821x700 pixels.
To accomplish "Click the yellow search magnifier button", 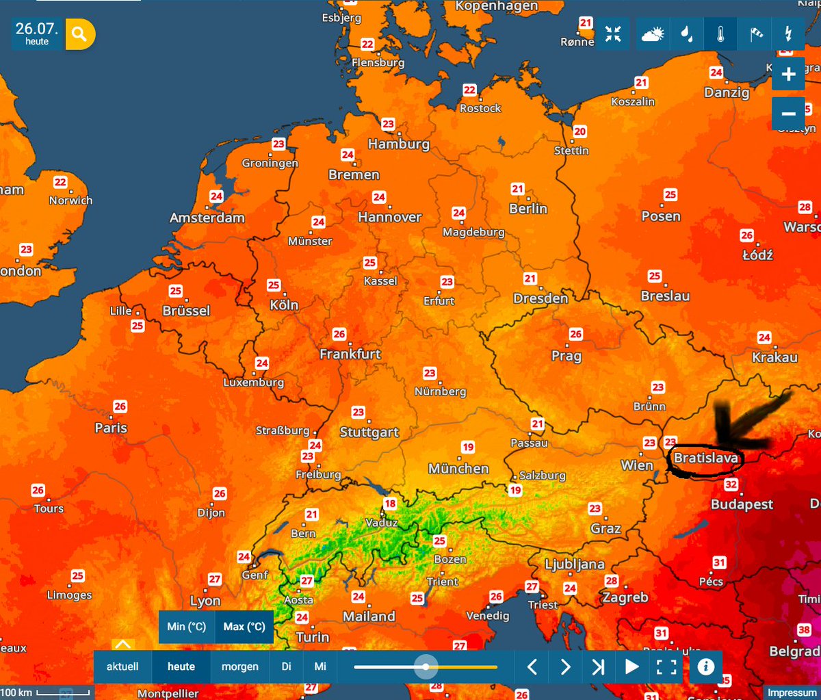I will pyautogui.click(x=80, y=34).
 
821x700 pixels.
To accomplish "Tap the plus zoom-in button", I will pyautogui.click(x=788, y=75).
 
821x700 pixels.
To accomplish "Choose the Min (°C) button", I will pyautogui.click(x=187, y=627).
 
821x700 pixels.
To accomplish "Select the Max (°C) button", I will pyautogui.click(x=244, y=627).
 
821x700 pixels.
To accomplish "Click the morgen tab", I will pyautogui.click(x=240, y=666).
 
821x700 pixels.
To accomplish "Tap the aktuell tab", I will pyautogui.click(x=122, y=666).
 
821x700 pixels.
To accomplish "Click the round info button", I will pyautogui.click(x=706, y=666).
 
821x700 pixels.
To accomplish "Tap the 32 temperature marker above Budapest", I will pyautogui.click(x=731, y=485).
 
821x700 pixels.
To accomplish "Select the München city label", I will pyautogui.click(x=458, y=469).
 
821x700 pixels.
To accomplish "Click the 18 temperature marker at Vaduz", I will pyautogui.click(x=389, y=505).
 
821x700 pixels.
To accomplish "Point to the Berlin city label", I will pyautogui.click(x=528, y=209).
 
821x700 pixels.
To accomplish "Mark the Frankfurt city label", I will pyautogui.click(x=350, y=354).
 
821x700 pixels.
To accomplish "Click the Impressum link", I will pyautogui.click(x=792, y=692).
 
